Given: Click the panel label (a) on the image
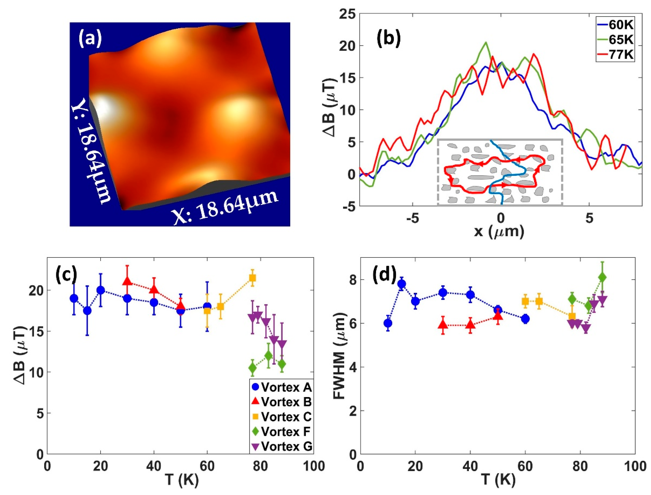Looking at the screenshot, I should coord(90,39).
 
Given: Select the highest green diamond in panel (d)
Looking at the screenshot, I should coord(602,277).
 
